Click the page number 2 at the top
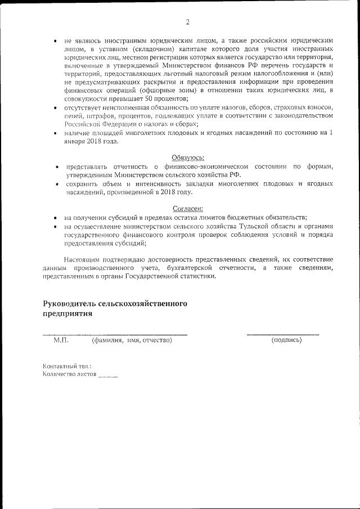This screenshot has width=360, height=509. (x=187, y=22)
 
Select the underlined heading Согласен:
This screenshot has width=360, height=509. (x=188, y=207)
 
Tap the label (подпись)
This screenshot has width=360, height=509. (x=286, y=340)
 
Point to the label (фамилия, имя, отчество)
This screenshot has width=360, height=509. (x=132, y=340)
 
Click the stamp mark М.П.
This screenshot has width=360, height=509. (x=60, y=340)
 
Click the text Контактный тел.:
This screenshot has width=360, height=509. (x=67, y=366)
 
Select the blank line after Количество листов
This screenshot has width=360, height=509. (x=108, y=376)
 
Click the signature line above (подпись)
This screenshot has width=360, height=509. (x=282, y=334)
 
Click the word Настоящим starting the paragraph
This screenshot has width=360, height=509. (x=83, y=259)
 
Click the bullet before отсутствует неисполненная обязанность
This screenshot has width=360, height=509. (x=54, y=107)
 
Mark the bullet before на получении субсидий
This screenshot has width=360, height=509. (x=54, y=218)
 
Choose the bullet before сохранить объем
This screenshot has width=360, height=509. (x=57, y=183)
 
